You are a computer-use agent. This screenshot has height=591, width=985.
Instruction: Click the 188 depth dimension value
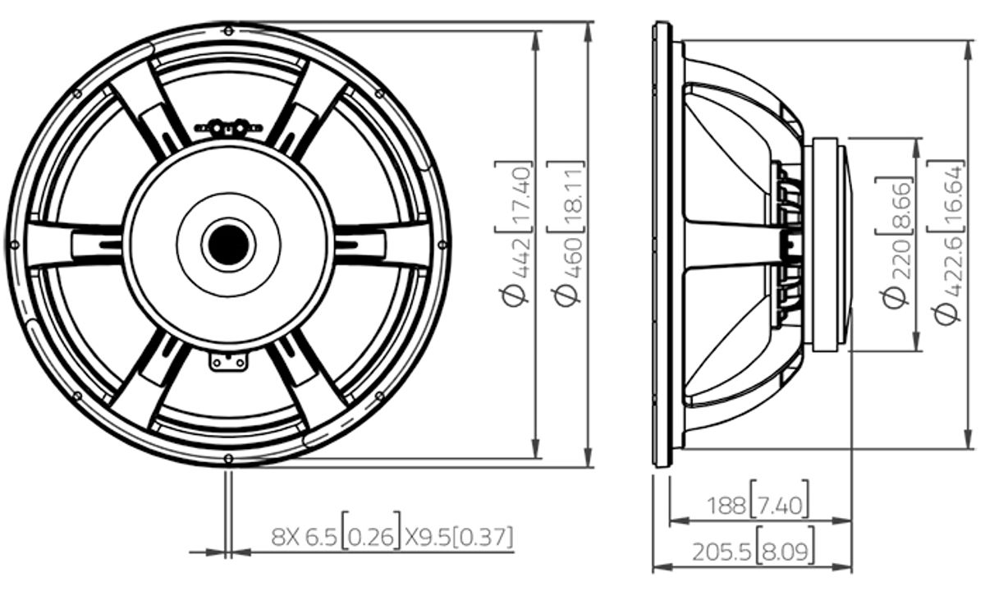pyautogui.click(x=726, y=506)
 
